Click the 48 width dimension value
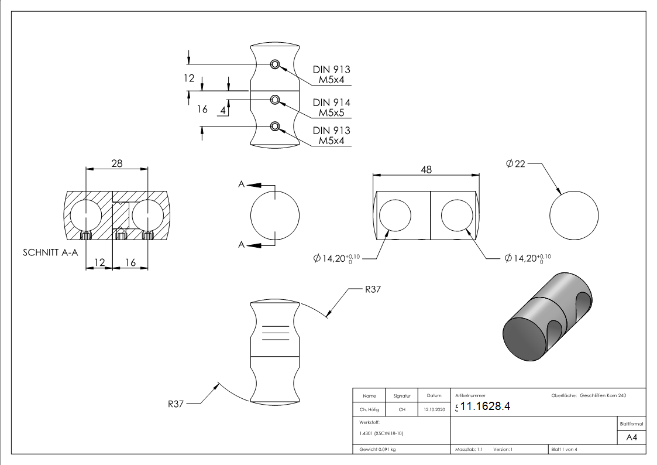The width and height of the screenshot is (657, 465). (426, 169)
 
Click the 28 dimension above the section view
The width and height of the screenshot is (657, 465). (116, 163)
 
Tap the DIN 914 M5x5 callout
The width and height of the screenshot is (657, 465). (331, 107)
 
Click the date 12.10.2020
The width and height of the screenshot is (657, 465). (434, 409)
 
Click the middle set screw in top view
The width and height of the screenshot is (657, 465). (275, 101)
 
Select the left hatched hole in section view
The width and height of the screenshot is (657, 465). (86, 215)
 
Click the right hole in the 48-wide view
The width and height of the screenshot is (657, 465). (457, 215)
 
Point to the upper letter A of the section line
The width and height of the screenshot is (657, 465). (241, 184)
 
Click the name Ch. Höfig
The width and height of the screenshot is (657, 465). (369, 409)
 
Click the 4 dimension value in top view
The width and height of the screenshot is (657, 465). (223, 110)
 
